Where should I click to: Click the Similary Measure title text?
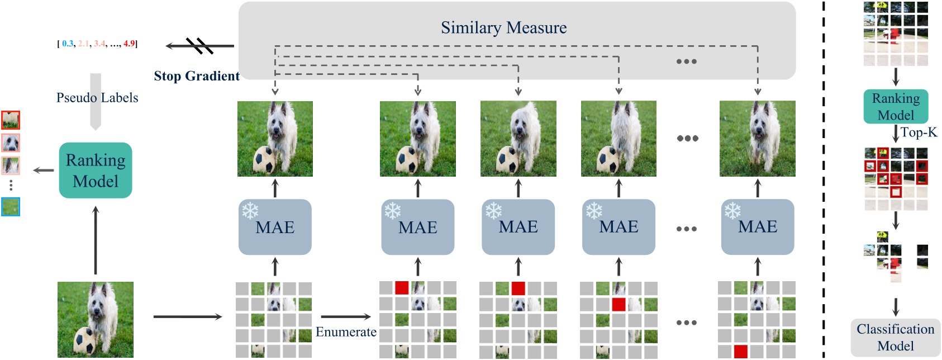coord(503,27)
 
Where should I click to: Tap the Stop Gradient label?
coord(197,76)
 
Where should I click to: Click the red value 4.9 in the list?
coord(129,44)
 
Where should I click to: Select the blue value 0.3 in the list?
coord(68,44)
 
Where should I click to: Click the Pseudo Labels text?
coord(97,98)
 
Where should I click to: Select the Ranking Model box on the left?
coord(96,170)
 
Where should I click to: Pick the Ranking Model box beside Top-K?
coord(896,107)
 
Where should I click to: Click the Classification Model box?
coord(895,337)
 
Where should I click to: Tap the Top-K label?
coord(919,132)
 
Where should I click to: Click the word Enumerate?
coord(346,332)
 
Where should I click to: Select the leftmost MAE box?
coord(275,227)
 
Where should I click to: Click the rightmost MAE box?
coord(758,227)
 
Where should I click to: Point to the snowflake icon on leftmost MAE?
coord(250,211)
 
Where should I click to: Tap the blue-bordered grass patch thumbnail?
coord(11,207)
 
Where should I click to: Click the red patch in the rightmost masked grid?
coord(740,352)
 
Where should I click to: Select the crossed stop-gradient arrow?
coord(199,46)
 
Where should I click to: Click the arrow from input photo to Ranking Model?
coord(96,240)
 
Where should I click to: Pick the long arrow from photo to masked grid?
coord(187,317)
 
